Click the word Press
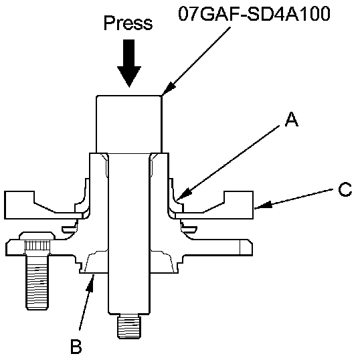[128, 23]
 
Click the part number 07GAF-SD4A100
[254, 13]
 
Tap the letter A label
[292, 119]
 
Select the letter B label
[76, 347]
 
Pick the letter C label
[345, 189]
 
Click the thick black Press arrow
[129, 63]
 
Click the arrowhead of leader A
[183, 195]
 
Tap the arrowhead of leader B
[91, 284]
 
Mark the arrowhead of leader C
[263, 205]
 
